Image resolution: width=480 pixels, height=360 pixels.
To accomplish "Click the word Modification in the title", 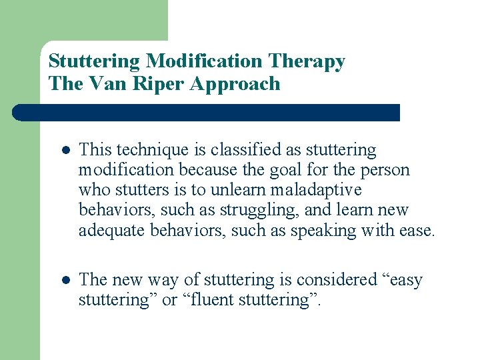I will point(205,61).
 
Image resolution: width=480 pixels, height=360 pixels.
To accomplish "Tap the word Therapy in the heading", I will point(307,61).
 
